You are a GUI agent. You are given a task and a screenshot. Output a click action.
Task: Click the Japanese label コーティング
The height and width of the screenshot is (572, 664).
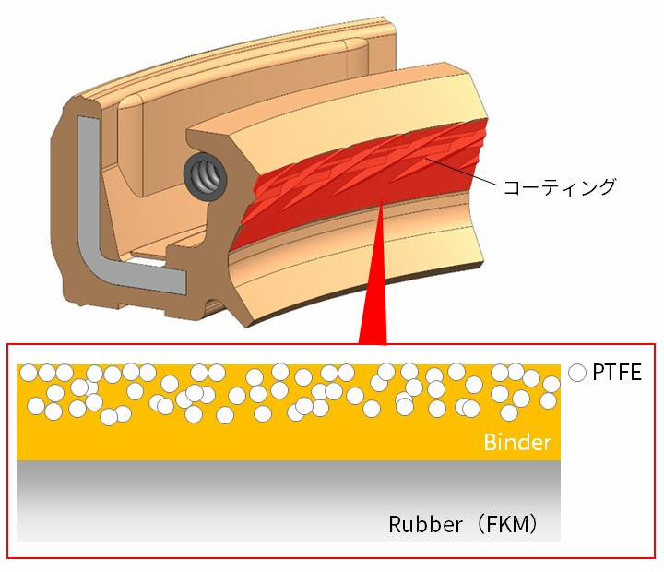[x=558, y=187]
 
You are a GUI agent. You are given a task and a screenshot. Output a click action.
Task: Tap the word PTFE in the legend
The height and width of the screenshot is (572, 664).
[x=616, y=374]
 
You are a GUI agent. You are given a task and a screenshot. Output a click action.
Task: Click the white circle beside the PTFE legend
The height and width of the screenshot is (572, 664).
[x=577, y=374]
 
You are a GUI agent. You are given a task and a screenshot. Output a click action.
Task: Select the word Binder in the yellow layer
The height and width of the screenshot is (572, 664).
[x=516, y=443]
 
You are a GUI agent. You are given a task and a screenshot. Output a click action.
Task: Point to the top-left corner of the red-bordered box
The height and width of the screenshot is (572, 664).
[x=8, y=345]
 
